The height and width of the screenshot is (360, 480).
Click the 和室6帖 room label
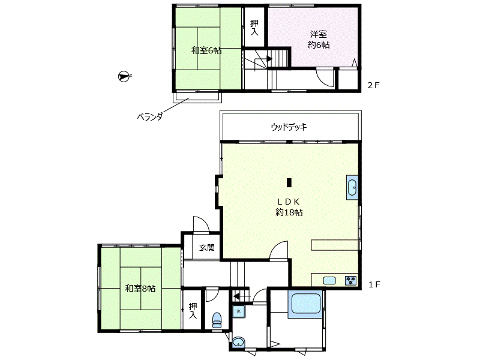[206, 50]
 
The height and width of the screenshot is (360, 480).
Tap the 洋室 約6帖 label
[319, 40]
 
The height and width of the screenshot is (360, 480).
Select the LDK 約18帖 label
[289, 207]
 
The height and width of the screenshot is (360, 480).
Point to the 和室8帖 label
[140, 289]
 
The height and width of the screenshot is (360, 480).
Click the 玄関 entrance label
[207, 247]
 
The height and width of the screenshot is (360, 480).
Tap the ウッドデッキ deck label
[289, 127]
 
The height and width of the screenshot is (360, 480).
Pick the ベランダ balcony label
[149, 116]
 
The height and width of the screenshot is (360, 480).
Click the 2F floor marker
[373, 85]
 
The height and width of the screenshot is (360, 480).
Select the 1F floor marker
[374, 284]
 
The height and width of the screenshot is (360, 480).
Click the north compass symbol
[124, 76]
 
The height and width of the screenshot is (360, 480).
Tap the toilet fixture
[217, 320]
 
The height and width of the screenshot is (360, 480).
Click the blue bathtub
[305, 304]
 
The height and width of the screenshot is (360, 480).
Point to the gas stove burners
[350, 280]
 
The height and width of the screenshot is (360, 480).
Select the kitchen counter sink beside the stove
[329, 280]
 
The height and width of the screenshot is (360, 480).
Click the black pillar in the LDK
[289, 182]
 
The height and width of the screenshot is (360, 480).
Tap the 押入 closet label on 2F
[254, 28]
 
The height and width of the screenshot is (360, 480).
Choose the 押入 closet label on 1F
[193, 310]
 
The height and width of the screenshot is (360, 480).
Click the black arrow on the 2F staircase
[269, 59]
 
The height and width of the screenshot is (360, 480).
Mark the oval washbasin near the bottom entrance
[238, 342]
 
